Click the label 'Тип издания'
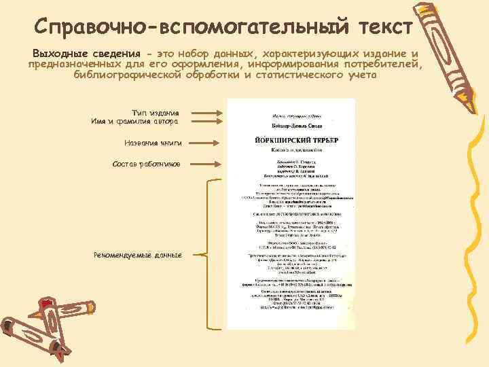pos(156,112)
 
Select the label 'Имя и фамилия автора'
pos(135,122)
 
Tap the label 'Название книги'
pos(153,143)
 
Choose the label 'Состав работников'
pos(147,164)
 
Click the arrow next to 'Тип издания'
pos(207,113)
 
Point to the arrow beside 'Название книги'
pos(207,143)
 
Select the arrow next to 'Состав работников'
pos(207,164)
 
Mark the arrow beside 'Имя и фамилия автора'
pos(207,122)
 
